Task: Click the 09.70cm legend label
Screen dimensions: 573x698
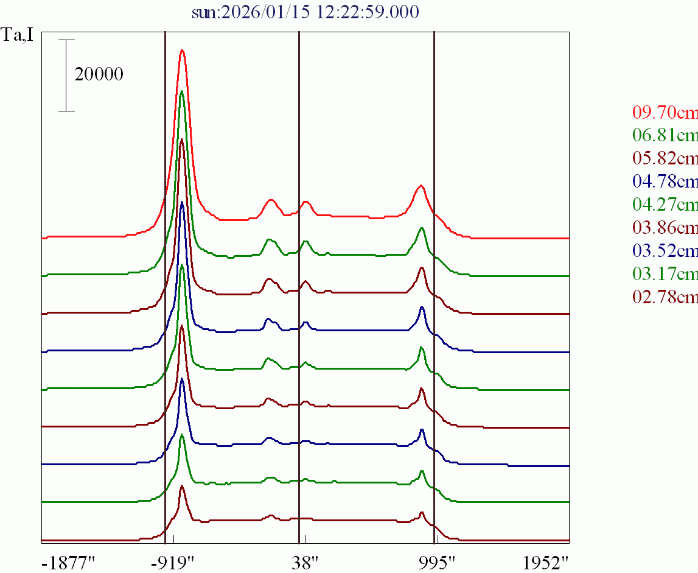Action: pos(665,112)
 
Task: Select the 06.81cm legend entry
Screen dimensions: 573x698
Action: pos(665,135)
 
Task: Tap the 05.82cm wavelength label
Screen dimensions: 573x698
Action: pos(665,158)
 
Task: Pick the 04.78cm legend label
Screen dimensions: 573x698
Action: pos(665,181)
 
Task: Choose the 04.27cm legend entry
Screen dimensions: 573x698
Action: pos(665,205)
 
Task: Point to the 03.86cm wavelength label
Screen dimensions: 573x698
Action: pos(665,228)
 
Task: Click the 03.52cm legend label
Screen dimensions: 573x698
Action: pos(665,251)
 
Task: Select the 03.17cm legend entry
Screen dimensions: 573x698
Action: pos(665,274)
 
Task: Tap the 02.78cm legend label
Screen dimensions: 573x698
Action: pos(665,297)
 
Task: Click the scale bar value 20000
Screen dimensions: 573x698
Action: pos(99,74)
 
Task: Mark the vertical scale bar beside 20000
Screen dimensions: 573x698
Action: pos(67,76)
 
